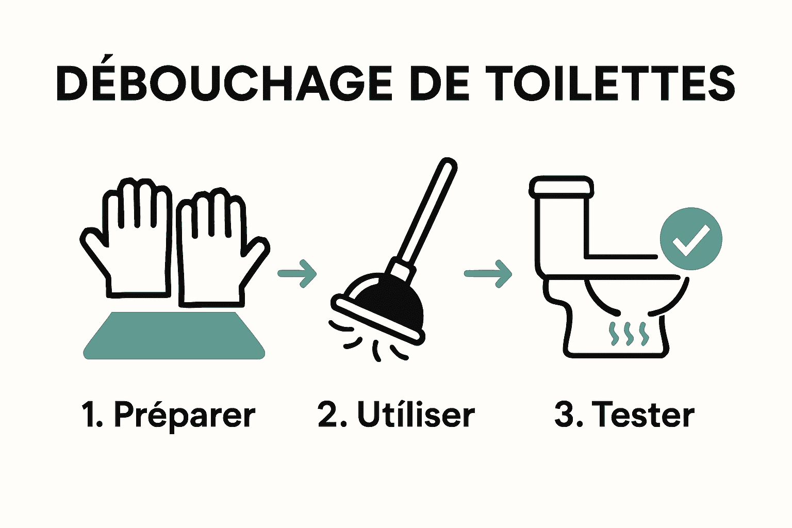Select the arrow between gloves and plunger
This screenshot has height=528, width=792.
pos(298,273)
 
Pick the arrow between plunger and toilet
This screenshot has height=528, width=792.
pos(488,273)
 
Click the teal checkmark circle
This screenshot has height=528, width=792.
pos(691,238)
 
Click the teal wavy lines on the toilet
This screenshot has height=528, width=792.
pos(628,334)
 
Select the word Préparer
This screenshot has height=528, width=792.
pos(184,416)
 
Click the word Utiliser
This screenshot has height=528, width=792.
pos(416,415)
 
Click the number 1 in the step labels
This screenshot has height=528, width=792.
pos(89,415)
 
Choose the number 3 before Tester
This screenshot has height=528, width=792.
pos(565,415)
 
